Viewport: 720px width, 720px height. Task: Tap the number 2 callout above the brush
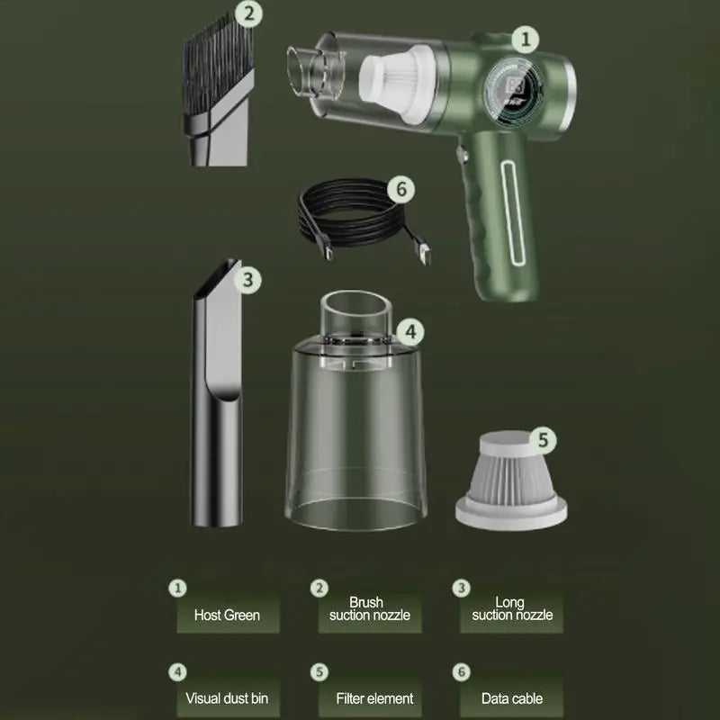(248, 13)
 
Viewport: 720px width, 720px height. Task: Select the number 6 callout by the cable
(400, 189)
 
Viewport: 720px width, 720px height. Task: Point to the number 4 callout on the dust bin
(410, 331)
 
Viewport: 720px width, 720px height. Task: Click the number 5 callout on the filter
(543, 440)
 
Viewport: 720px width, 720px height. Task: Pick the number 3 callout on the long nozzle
(248, 279)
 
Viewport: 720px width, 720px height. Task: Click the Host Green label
(228, 615)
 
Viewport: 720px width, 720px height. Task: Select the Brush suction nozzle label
(370, 609)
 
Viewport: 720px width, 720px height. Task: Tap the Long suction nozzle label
(512, 609)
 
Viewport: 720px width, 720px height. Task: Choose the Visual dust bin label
(227, 698)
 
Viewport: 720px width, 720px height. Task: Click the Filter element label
(374, 698)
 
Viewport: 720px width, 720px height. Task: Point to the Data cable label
(512, 698)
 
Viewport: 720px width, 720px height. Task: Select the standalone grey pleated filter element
(511, 481)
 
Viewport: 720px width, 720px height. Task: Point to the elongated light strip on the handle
(513, 213)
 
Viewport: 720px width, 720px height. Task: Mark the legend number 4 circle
(177, 672)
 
